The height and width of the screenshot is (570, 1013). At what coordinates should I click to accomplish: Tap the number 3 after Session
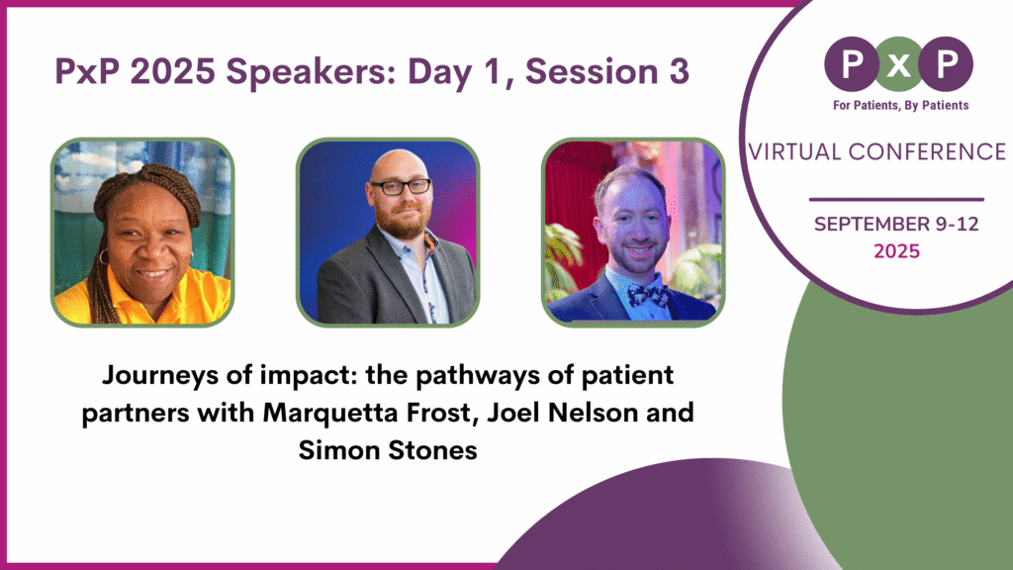tap(677, 72)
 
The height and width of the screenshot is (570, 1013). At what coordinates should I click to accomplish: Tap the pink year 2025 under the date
tap(896, 251)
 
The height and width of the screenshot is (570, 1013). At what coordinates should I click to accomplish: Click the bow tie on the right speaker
tap(647, 294)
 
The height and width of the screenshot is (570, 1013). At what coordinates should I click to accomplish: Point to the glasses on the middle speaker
tap(400, 186)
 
